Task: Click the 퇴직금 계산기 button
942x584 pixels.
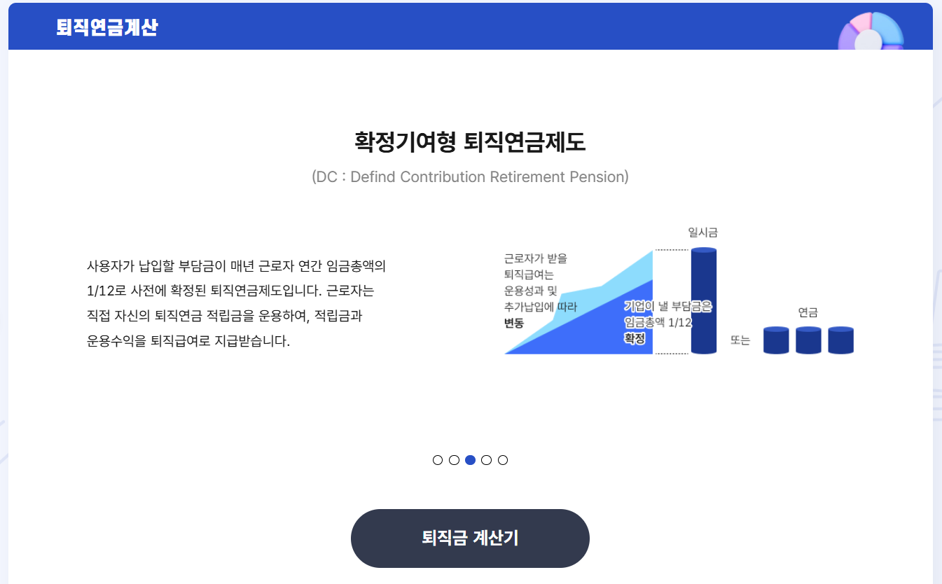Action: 470,538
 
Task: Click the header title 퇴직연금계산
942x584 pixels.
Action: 107,27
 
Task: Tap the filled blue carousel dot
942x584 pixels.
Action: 470,460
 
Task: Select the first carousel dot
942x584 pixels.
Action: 438,460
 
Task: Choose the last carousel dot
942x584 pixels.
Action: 503,460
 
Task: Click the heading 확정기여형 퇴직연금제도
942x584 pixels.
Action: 470,142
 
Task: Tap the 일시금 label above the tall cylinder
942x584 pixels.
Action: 703,232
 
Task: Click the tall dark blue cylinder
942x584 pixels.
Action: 703,301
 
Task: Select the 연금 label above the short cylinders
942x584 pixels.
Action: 808,312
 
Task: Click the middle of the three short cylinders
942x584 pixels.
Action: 808,340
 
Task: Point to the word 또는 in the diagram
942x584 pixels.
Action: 740,340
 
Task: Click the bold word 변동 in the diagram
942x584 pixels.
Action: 514,323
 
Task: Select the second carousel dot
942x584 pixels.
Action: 454,460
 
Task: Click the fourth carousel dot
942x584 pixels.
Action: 487,460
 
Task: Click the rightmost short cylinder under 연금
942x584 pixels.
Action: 840,340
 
